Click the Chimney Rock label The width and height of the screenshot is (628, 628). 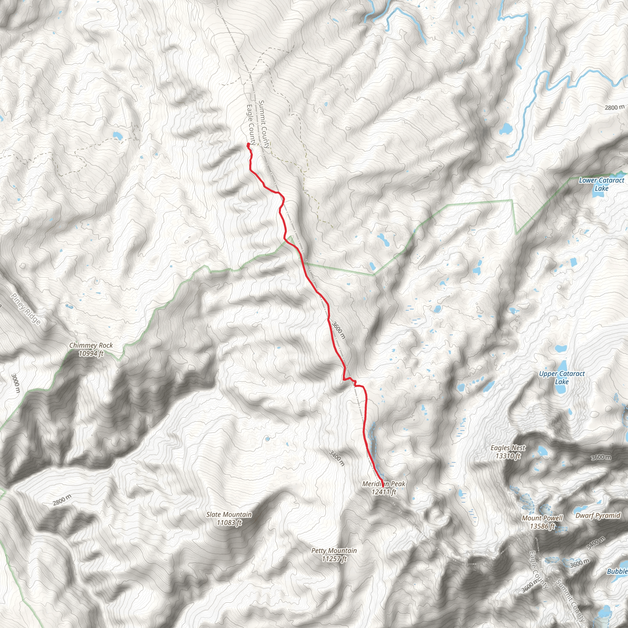point(91,349)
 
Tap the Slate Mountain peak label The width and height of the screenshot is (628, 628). point(229,519)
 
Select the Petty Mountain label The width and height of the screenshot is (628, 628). point(334,554)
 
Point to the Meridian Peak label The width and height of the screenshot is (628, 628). point(384,488)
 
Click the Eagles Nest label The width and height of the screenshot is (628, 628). point(508,452)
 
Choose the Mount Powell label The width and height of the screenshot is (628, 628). point(542,522)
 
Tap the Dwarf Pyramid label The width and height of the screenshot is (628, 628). point(598,515)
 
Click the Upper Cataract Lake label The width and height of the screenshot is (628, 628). point(562,378)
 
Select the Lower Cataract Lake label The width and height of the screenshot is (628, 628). point(601,184)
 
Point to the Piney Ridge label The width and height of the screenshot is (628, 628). point(26,309)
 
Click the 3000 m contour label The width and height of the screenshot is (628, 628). point(15,383)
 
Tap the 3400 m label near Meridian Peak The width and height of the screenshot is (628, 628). point(336,458)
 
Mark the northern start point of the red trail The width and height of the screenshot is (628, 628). point(248,144)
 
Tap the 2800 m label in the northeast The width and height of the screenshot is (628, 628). point(614,107)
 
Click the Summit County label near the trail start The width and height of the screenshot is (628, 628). point(264,124)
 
